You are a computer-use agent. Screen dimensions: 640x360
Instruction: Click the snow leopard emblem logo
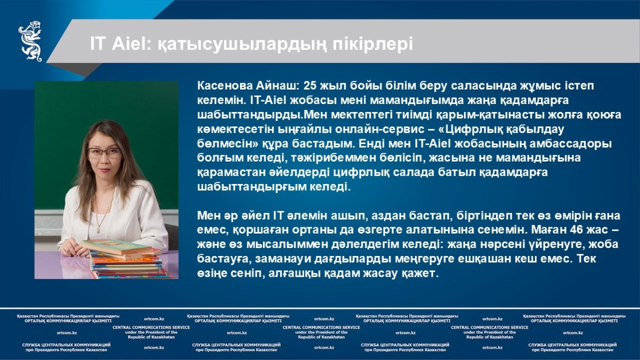[30, 41]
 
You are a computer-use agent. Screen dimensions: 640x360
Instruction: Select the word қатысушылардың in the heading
[242, 45]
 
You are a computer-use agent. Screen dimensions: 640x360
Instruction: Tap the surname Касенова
[225, 86]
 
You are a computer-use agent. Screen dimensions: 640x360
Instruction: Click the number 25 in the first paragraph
[310, 86]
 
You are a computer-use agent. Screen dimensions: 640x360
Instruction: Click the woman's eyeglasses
[104, 153]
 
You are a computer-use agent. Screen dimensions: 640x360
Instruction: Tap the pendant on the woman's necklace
[99, 230]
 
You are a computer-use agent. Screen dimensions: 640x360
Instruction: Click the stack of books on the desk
[126, 258]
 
